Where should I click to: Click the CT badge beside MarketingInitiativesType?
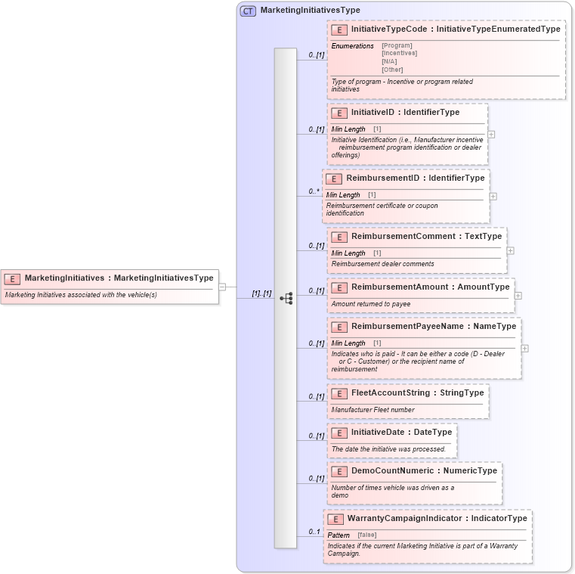[x=248, y=11]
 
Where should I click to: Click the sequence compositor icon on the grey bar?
[x=286, y=299]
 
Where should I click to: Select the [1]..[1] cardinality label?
[x=261, y=293]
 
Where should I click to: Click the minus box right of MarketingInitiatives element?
[x=222, y=287]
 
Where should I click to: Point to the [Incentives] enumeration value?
[x=399, y=53]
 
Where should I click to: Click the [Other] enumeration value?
[x=392, y=70]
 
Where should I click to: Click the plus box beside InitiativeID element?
[x=491, y=135]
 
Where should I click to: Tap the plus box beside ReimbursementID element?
[x=493, y=196]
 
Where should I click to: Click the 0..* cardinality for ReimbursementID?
[x=314, y=191]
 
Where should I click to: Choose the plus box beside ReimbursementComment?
[x=510, y=250]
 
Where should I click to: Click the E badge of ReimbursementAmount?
[x=339, y=287]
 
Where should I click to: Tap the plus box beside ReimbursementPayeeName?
[x=524, y=349]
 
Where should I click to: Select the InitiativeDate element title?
[x=401, y=433]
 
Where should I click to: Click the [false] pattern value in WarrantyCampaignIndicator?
[x=366, y=535]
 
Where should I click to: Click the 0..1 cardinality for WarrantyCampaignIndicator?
[x=314, y=532]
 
